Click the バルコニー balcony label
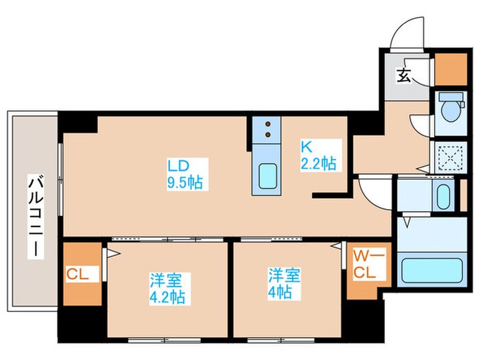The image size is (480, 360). (34, 217)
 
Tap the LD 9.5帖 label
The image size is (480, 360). (184, 174)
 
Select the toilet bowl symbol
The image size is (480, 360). (451, 108)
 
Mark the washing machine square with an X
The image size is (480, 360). (451, 158)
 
